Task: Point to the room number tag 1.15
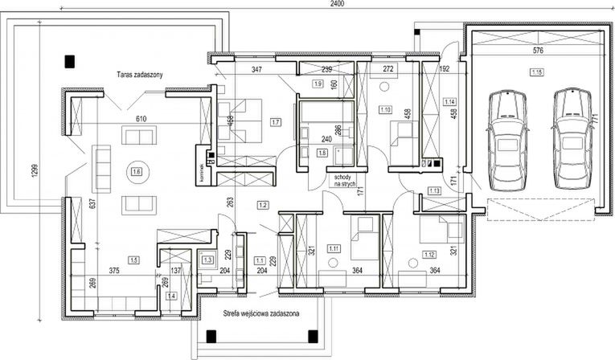coord(535,73)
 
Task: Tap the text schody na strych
coord(341,180)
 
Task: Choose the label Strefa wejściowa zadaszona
coord(258,316)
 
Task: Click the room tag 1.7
coord(276,122)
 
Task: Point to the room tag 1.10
coord(384,109)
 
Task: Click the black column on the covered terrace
coord(70,60)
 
